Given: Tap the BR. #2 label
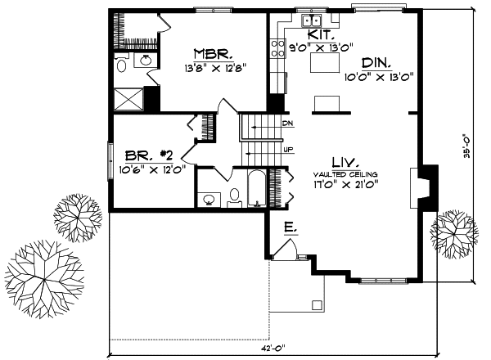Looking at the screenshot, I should (147, 156).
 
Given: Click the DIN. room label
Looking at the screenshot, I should (377, 62).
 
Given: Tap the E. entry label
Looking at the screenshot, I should (290, 226).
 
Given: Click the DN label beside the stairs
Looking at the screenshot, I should (287, 123).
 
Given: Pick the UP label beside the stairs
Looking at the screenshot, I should (287, 151).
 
